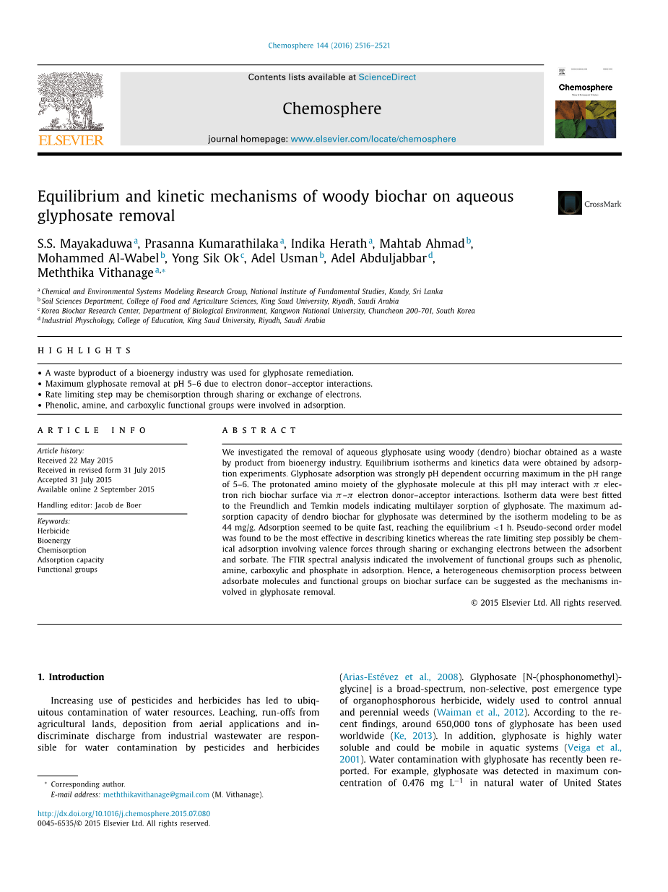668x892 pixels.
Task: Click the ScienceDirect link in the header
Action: pyautogui.click(x=387, y=77)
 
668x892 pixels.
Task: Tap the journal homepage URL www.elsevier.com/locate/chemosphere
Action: pyautogui.click(x=373, y=139)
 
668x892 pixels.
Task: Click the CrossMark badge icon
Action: pyautogui.click(x=570, y=203)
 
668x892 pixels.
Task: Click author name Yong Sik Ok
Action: pyautogui.click(x=205, y=258)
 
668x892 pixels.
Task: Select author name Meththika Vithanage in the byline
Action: pyautogui.click(x=95, y=273)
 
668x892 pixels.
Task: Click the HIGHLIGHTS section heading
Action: pyautogui.click(x=84, y=351)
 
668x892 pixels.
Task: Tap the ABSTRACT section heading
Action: pyautogui.click(x=249, y=430)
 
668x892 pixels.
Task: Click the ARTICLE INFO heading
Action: pyautogui.click(x=92, y=430)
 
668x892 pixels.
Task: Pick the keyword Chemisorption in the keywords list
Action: pyautogui.click(x=61, y=550)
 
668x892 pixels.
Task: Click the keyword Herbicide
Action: pyautogui.click(x=53, y=531)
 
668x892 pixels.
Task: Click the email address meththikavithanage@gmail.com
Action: pyautogui.click(x=156, y=794)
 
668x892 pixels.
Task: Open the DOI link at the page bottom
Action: pyautogui.click(x=123, y=813)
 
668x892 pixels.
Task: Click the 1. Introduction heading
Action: pyautogui.click(x=71, y=677)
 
